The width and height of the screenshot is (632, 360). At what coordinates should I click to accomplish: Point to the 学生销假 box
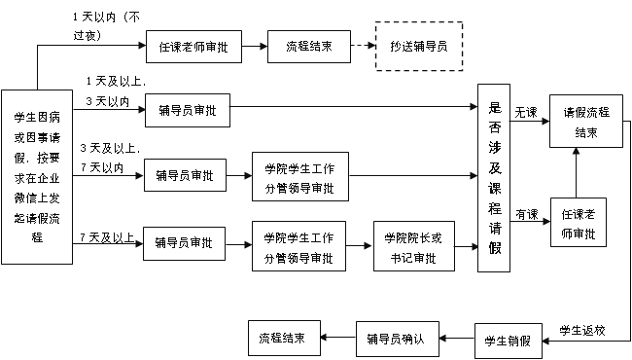click(x=507, y=341)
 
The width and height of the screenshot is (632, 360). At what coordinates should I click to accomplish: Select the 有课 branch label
click(x=526, y=214)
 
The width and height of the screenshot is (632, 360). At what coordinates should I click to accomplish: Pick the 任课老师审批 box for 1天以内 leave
click(x=192, y=46)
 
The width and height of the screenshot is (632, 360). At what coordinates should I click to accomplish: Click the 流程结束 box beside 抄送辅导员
click(x=309, y=46)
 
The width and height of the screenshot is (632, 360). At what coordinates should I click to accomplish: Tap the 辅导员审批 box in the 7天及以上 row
click(x=184, y=242)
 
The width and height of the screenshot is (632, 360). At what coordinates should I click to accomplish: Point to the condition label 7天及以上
click(x=107, y=235)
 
